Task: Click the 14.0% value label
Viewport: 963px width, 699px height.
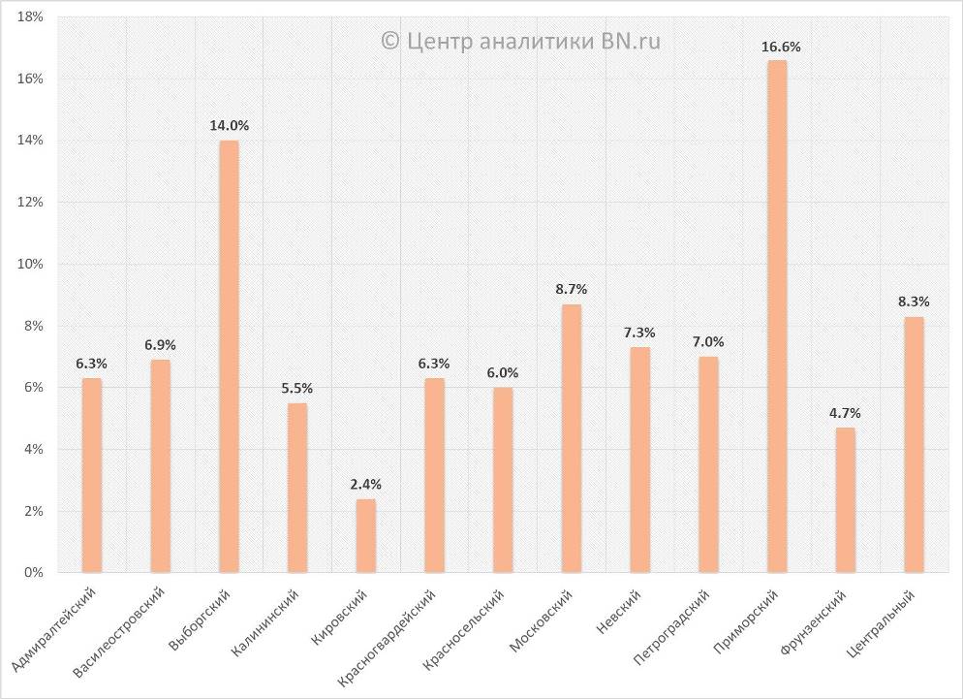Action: [230, 125]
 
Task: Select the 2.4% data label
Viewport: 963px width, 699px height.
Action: [366, 484]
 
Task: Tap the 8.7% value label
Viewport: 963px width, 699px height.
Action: [572, 289]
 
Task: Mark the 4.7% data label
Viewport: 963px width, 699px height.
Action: [845, 413]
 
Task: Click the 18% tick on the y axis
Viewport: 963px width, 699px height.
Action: [31, 16]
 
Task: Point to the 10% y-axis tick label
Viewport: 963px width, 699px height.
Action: [31, 264]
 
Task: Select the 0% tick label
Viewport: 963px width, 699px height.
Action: [35, 573]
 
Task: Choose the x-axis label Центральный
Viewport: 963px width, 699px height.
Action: [882, 620]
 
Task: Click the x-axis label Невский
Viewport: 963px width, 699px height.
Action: [619, 610]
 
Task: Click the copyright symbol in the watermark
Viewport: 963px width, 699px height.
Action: [389, 40]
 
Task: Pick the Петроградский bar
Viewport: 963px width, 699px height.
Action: [708, 464]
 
